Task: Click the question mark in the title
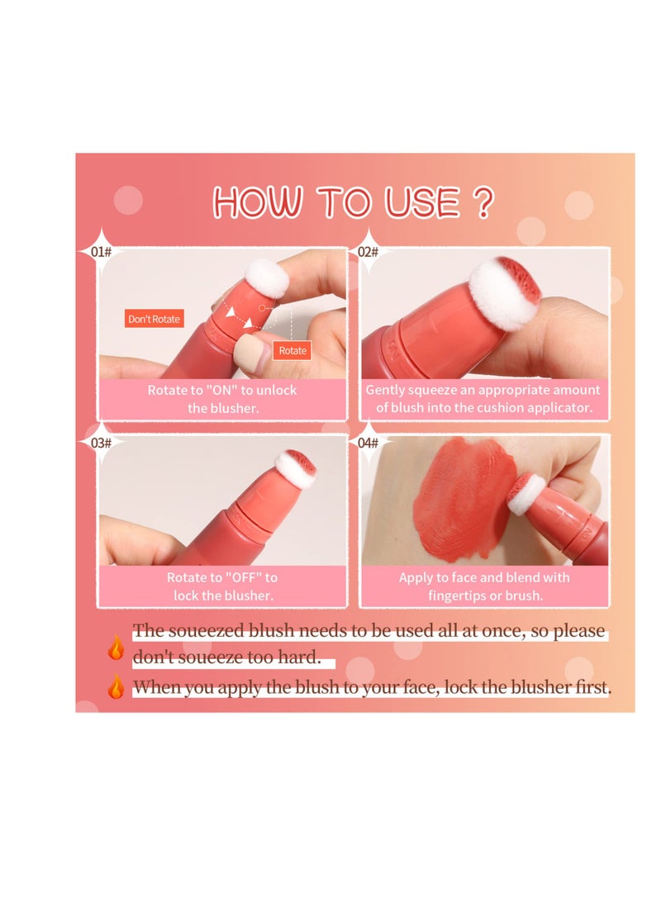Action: pos(485,202)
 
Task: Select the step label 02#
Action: pos(368,251)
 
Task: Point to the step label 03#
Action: pos(101,443)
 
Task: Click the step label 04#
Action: pos(368,443)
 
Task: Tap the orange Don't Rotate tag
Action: pos(154,318)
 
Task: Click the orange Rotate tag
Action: pos(292,350)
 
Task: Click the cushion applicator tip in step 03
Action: pos(295,468)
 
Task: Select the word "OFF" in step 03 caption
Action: pos(241,577)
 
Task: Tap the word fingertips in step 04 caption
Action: pos(459,595)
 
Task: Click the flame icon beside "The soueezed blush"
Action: pos(116,647)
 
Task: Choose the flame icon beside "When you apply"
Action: pos(116,686)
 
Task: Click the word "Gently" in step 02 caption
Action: pos(385,390)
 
